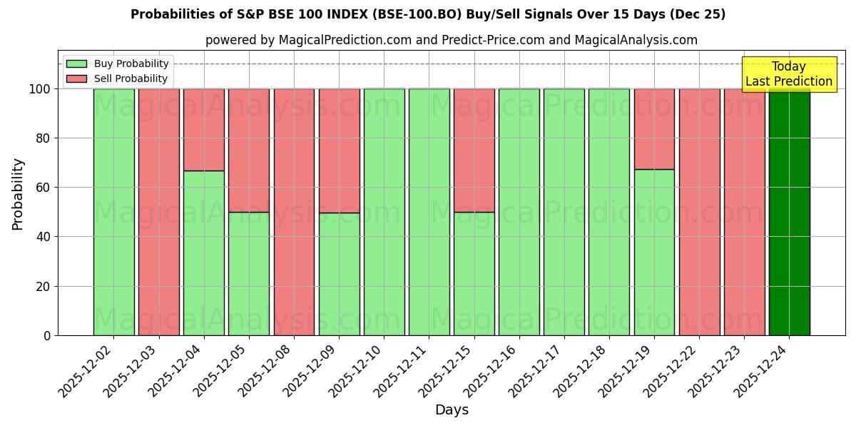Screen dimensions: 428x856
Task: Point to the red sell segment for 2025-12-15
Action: coord(474,151)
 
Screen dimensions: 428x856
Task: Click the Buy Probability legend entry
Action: coord(118,63)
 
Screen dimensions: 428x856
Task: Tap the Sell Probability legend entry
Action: coord(118,78)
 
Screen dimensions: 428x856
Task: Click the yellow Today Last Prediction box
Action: coord(789,74)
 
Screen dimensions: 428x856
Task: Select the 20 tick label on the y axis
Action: coord(44,286)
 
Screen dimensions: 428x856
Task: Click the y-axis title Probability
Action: coord(18,194)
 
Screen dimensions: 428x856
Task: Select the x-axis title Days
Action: coord(452,410)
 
